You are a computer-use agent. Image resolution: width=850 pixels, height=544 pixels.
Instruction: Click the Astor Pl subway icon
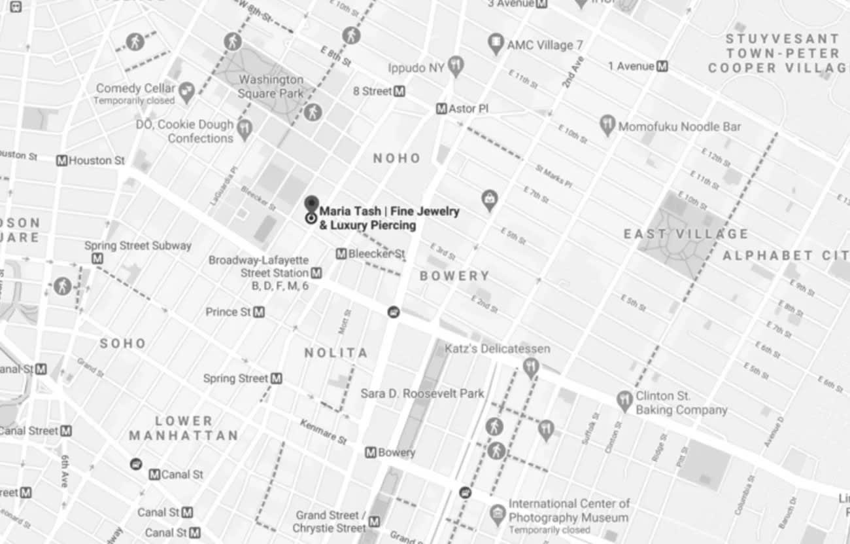coord(441,109)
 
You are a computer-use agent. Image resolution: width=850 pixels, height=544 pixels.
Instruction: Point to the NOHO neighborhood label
coord(397,158)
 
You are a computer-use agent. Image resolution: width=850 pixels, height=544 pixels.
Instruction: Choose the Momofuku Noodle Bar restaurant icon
coord(608,124)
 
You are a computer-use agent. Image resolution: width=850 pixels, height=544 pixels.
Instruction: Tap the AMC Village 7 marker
coord(496,45)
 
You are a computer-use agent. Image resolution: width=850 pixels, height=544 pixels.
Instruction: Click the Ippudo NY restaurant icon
coord(456,65)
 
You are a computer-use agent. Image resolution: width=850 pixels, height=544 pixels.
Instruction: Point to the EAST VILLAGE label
coord(686,234)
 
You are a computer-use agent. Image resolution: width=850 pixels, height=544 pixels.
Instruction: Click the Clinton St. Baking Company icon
coord(624,400)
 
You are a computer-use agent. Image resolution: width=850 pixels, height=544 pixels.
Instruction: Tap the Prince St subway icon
coord(259,312)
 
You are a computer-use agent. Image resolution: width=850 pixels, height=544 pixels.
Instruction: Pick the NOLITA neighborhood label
coord(336,353)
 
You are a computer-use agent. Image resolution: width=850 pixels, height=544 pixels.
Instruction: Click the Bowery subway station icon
coord(371,452)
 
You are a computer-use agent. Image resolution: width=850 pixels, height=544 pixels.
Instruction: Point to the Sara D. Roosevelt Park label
coord(422,393)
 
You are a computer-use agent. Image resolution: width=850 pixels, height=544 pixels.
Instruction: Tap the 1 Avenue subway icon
coord(663,66)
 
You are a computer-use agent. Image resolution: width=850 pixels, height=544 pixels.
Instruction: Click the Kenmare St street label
coord(324,432)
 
